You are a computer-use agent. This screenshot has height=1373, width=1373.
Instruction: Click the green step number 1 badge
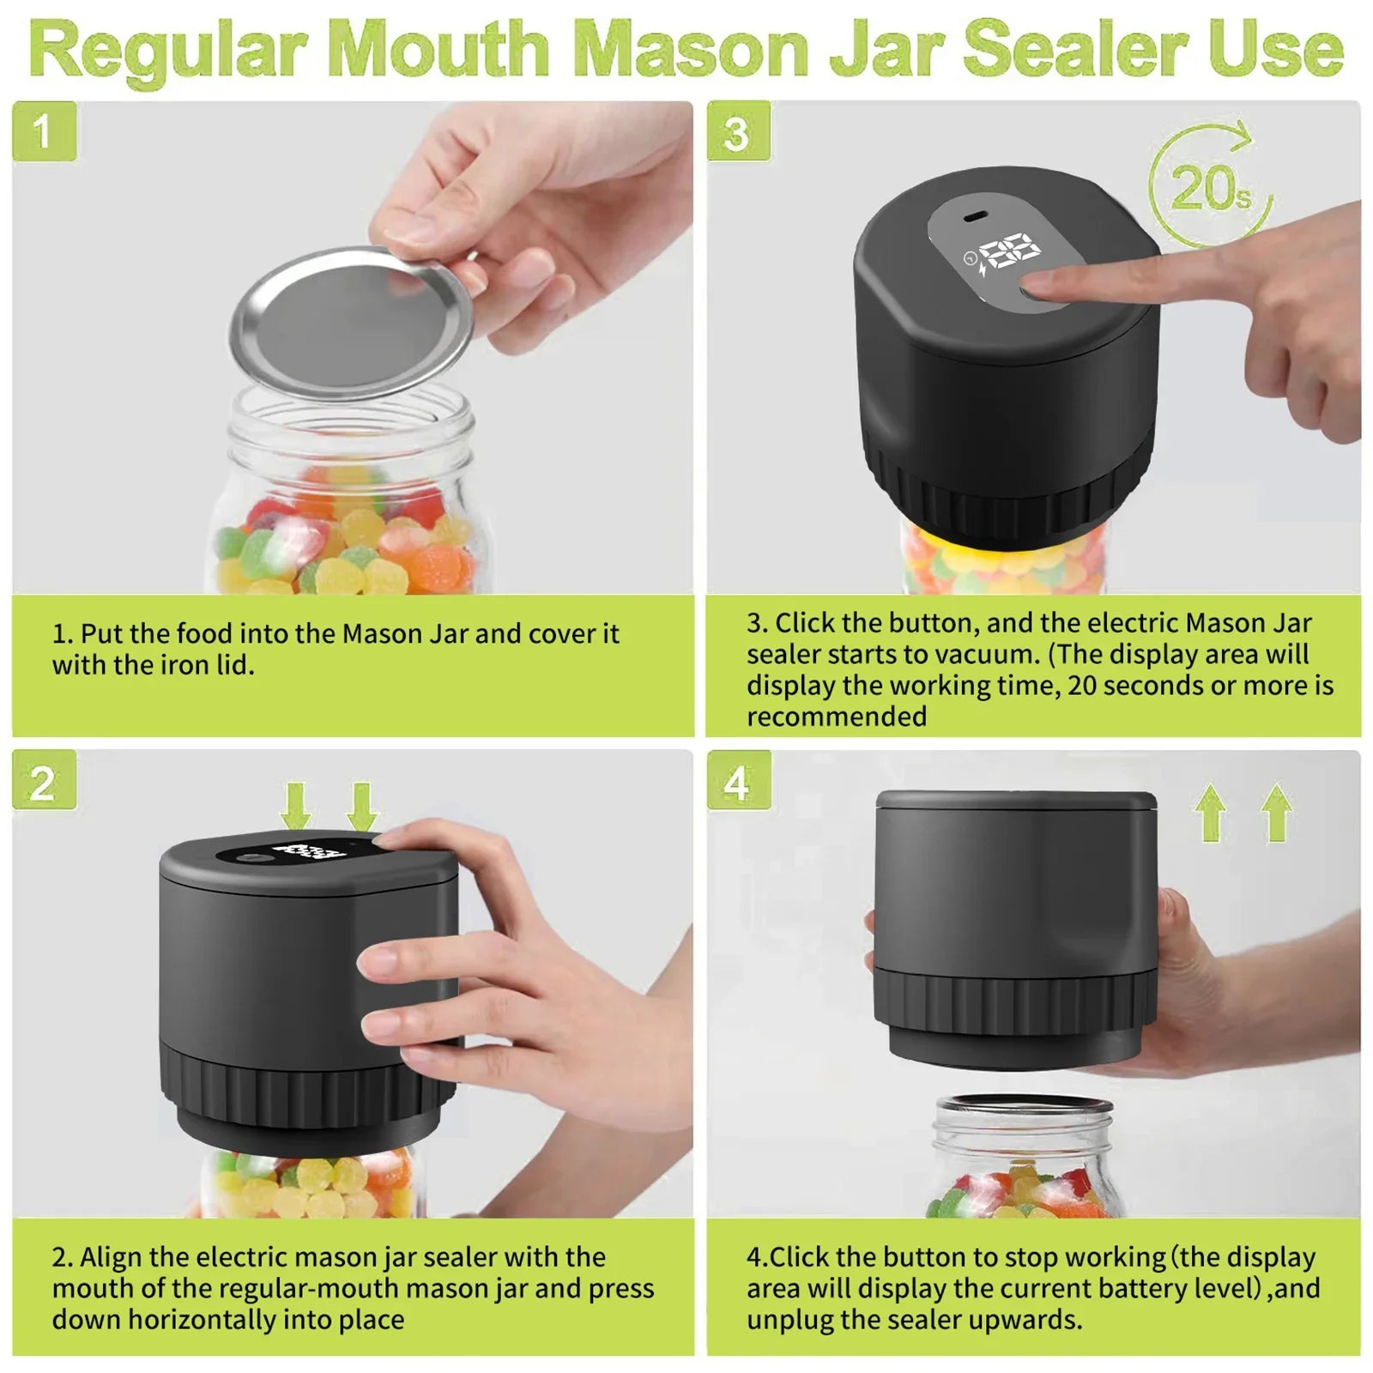coord(44,130)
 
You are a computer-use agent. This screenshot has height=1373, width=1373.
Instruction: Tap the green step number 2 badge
coord(44,782)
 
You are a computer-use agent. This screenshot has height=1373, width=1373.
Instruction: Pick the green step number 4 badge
coord(738,782)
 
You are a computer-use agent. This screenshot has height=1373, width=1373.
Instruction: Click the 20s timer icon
coord(1210,185)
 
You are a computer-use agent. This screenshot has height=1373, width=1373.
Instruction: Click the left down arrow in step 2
coord(296,805)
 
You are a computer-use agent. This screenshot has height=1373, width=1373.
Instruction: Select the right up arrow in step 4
coord(1276,812)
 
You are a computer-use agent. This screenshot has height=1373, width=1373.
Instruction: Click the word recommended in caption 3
coord(836,717)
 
